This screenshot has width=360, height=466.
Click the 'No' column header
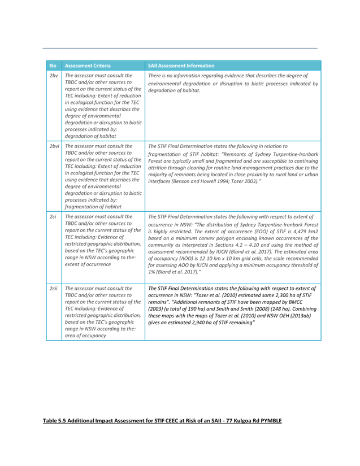(x=53, y=66)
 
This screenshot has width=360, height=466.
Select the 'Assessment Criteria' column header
(x=88, y=66)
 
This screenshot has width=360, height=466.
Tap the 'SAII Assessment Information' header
(x=181, y=66)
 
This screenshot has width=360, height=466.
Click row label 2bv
(x=54, y=76)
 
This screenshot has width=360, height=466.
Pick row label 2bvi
(x=54, y=146)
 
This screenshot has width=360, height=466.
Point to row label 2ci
(x=53, y=217)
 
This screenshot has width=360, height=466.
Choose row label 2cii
(x=54, y=288)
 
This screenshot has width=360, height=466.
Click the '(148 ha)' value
(x=279, y=309)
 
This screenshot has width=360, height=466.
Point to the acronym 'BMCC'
(x=296, y=302)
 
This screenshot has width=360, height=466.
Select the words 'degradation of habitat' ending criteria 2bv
(x=90, y=136)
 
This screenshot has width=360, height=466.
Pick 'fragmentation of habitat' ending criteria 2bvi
(x=93, y=207)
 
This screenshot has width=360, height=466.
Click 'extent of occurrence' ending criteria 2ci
(x=88, y=264)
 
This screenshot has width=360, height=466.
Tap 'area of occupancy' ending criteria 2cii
(x=85, y=336)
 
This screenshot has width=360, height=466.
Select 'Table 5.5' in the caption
(x=53, y=420)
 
